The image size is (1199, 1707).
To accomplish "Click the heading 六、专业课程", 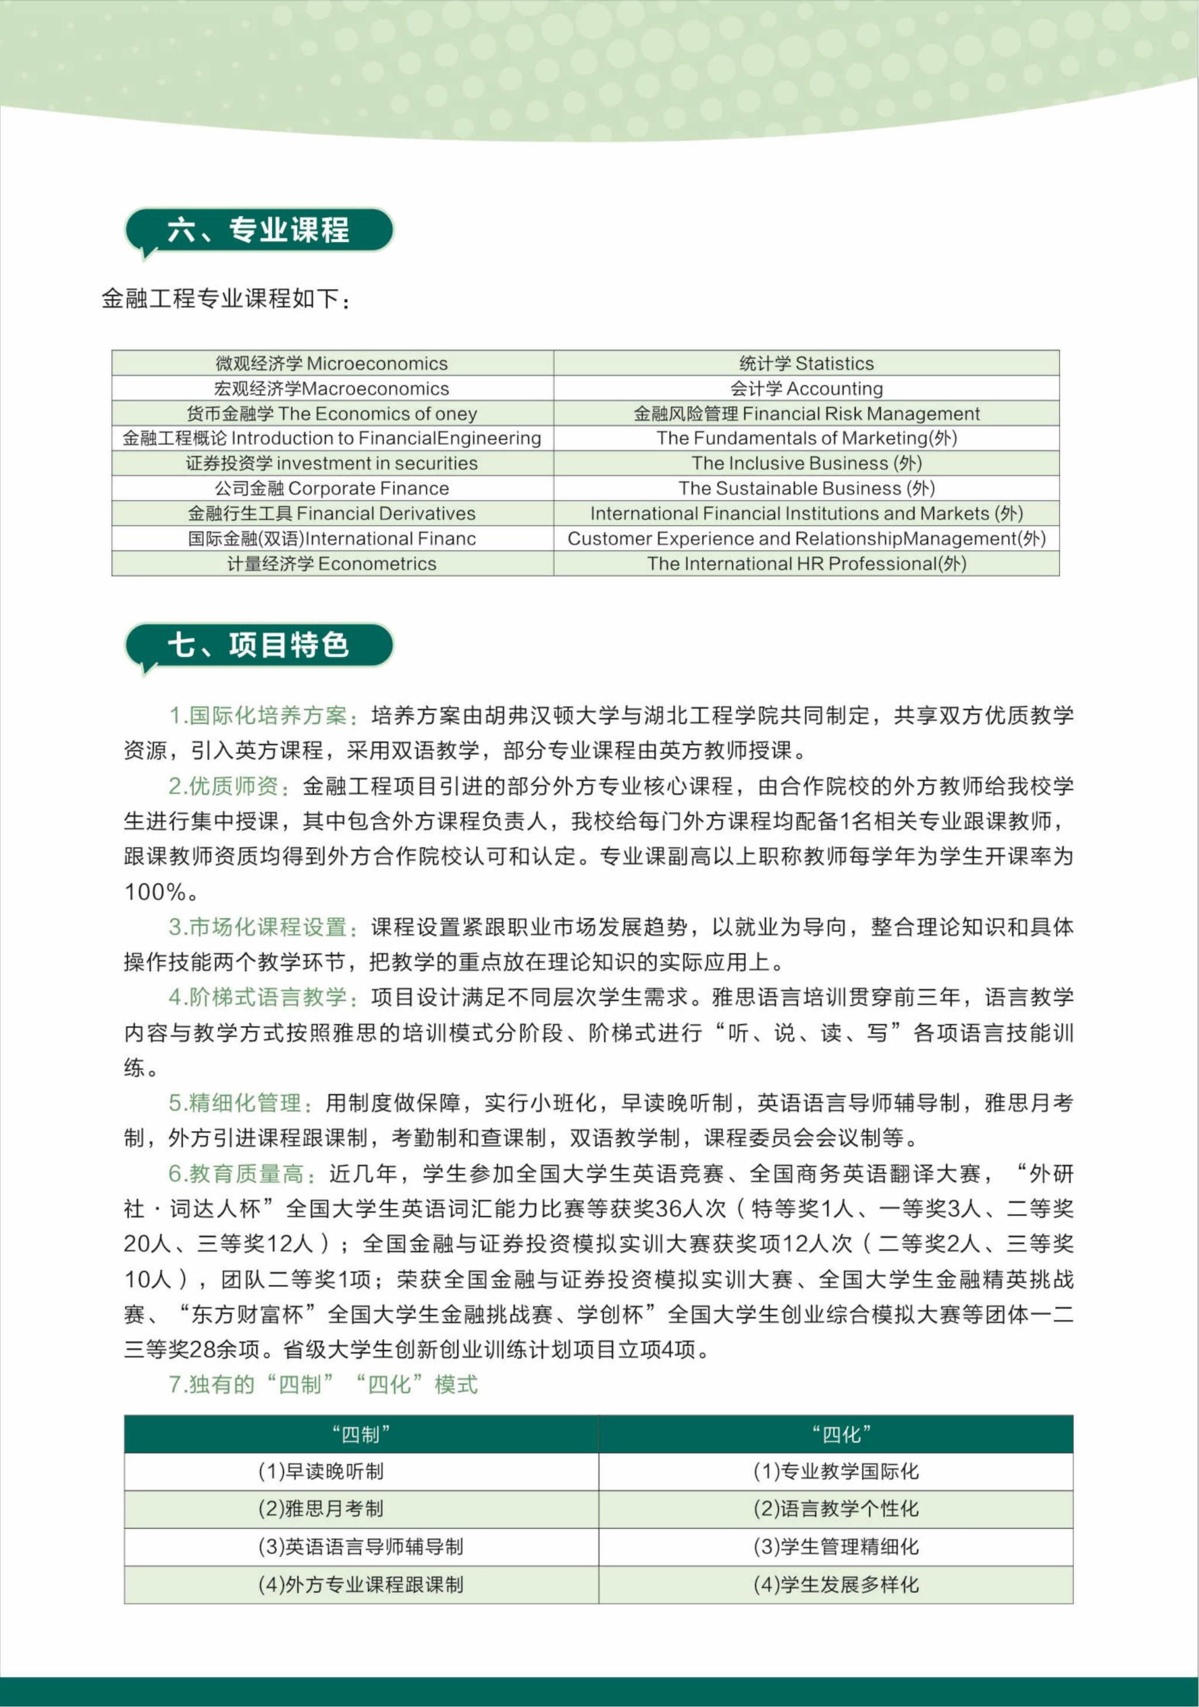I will pyautogui.click(x=258, y=229).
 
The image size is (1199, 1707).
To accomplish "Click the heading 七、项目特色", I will pyautogui.click(x=258, y=645).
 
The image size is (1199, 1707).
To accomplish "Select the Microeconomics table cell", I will pyautogui.click(x=333, y=364).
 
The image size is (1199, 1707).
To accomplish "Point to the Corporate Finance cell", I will pyautogui.click(x=333, y=488).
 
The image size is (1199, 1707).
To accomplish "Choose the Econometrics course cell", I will pyautogui.click(x=333, y=564).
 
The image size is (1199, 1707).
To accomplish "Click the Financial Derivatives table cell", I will pyautogui.click(x=333, y=514).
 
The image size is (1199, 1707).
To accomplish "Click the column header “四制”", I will pyautogui.click(x=361, y=1435).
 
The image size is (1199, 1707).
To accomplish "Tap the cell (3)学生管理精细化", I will pyautogui.click(x=836, y=1547).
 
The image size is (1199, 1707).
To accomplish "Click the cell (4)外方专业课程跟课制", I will pyautogui.click(x=361, y=1584).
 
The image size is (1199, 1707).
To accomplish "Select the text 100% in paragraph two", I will pyautogui.click(x=155, y=892).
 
